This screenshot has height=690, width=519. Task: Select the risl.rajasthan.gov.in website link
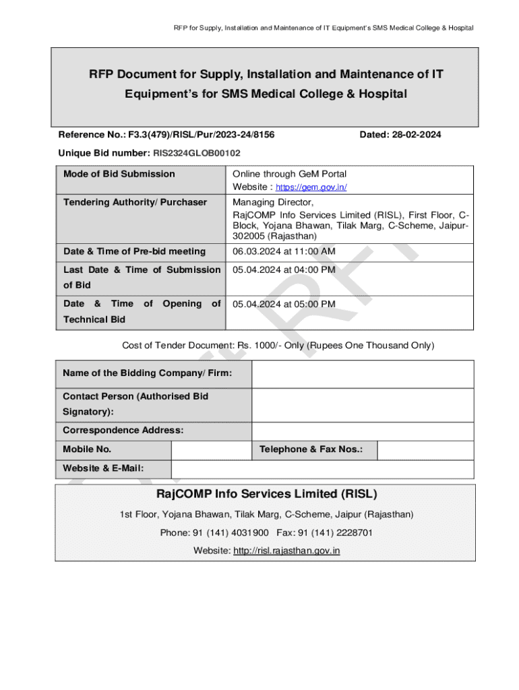(286, 551)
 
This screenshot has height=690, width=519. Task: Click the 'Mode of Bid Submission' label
(119, 174)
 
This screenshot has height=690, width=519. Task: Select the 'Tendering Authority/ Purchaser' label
(135, 202)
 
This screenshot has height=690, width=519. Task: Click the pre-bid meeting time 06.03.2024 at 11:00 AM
(284, 251)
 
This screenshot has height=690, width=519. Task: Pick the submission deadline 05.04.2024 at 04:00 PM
(284, 270)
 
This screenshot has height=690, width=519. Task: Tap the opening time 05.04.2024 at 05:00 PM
(284, 304)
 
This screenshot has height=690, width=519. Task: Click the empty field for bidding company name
(363, 373)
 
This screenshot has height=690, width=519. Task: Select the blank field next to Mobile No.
(211, 449)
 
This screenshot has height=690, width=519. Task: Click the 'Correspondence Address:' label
(123, 430)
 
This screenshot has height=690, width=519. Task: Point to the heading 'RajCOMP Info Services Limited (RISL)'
(266, 494)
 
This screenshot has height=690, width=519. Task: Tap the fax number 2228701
(353, 533)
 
